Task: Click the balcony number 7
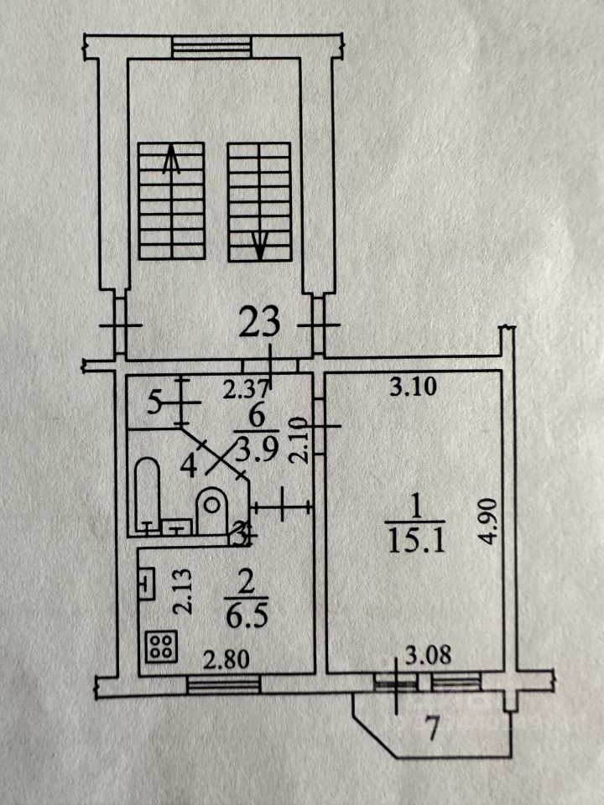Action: tap(432, 730)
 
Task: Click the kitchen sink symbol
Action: tap(146, 581)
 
